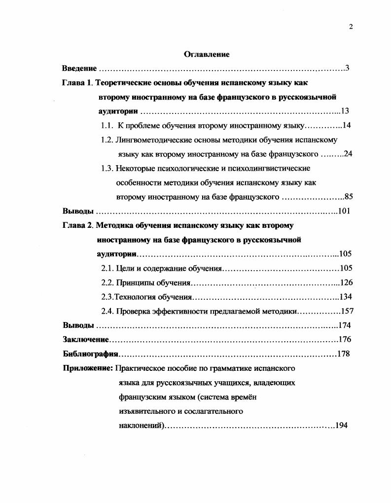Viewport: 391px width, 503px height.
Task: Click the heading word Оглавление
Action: point(207,54)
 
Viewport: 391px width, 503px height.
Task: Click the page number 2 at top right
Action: point(351,27)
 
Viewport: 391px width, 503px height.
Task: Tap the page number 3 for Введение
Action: point(347,68)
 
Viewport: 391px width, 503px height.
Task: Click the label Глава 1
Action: point(77,82)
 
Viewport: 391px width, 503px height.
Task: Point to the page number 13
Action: point(345,111)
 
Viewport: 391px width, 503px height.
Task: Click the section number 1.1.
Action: point(107,125)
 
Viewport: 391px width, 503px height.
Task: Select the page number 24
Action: point(348,154)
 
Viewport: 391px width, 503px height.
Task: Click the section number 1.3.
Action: point(107,168)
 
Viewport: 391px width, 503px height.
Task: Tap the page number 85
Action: point(349,197)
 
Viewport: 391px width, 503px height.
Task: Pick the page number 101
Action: point(344,211)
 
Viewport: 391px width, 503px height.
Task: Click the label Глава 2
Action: point(77,225)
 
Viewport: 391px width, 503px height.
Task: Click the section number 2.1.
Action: point(107,268)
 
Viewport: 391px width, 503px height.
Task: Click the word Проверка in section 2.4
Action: point(132,311)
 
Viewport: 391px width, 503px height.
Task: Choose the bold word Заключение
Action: point(85,340)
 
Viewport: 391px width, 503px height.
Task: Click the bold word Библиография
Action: point(90,354)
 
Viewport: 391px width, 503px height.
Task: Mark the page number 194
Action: point(342,426)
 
